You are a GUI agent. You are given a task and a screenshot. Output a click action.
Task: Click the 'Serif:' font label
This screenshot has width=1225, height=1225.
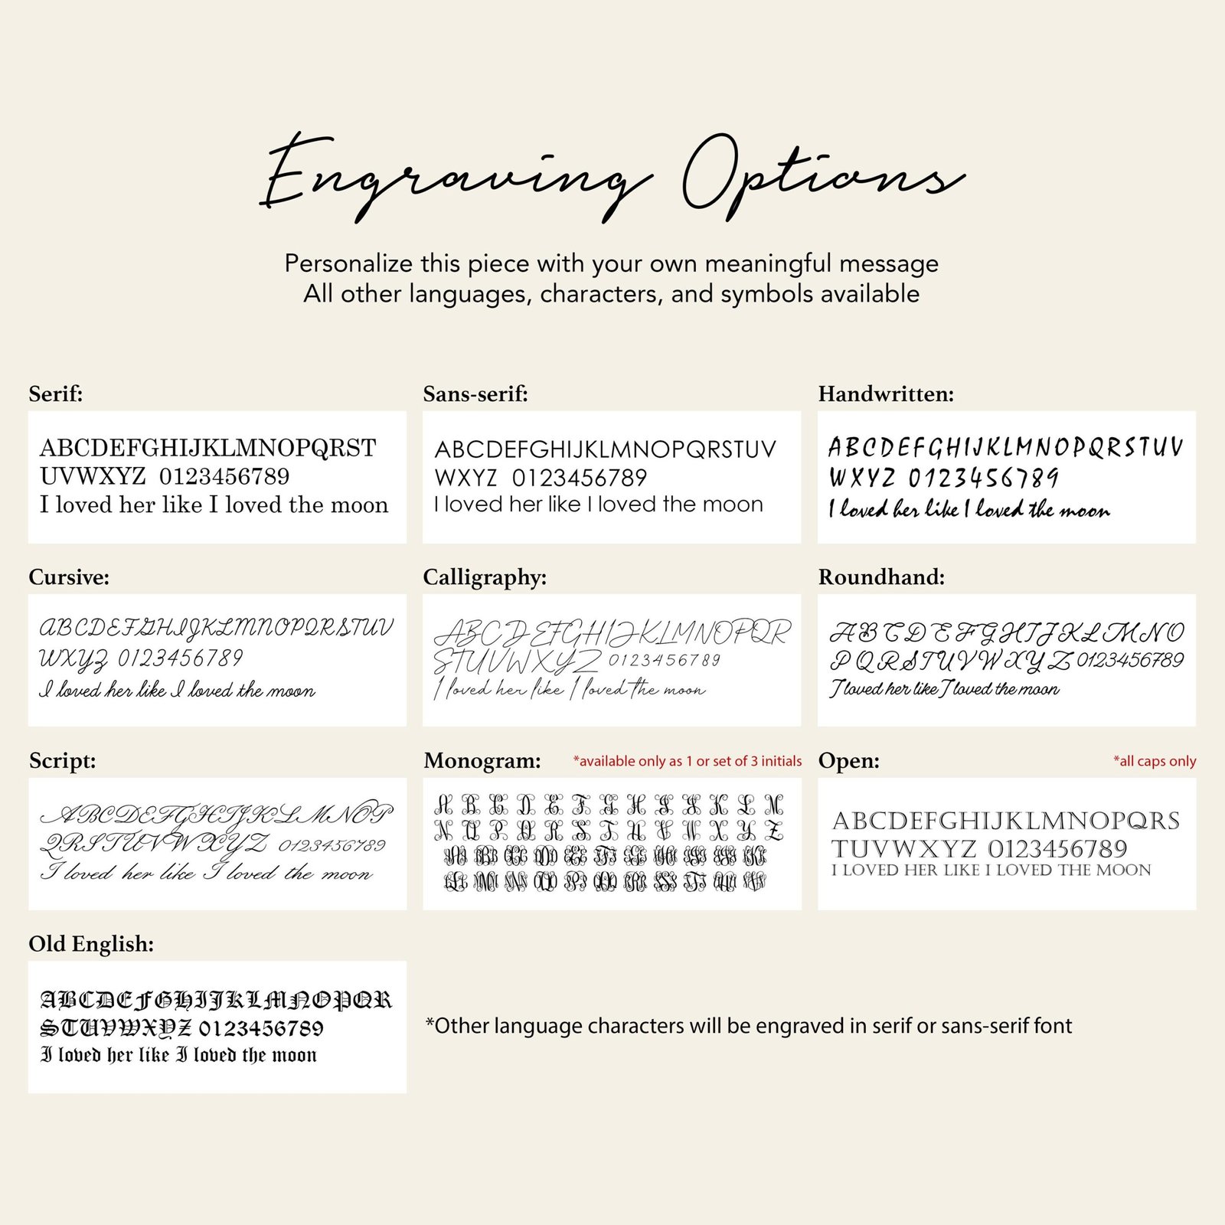pyautogui.click(x=56, y=394)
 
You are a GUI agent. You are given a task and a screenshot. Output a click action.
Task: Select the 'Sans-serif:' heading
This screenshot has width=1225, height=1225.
pyautogui.click(x=475, y=394)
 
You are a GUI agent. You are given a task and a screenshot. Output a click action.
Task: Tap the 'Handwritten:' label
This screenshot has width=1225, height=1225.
pyautogui.click(x=886, y=394)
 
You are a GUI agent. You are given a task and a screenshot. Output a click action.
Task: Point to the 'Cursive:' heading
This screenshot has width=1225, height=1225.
pyautogui.click(x=69, y=577)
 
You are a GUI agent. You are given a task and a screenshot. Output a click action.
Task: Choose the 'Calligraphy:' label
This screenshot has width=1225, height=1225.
pyautogui.click(x=485, y=577)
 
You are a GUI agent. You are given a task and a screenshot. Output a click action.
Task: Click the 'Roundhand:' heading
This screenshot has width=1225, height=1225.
pyautogui.click(x=881, y=577)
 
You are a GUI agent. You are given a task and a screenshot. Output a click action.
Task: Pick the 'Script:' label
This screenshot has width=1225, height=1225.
pyautogui.click(x=63, y=761)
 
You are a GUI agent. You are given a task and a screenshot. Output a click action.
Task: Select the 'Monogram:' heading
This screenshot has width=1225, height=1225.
pyautogui.click(x=482, y=761)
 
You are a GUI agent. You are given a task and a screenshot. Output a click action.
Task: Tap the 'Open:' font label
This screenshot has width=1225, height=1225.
pyautogui.click(x=848, y=761)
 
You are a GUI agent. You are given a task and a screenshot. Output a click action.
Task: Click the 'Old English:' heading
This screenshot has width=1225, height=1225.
pyautogui.click(x=91, y=944)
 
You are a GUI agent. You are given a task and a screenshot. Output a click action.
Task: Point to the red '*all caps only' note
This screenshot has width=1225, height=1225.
pyautogui.click(x=1154, y=761)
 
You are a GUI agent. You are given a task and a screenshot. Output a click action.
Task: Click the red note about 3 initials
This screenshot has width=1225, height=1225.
pyautogui.click(x=687, y=761)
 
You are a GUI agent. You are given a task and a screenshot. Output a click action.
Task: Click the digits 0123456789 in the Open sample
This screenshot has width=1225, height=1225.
pyautogui.click(x=1057, y=849)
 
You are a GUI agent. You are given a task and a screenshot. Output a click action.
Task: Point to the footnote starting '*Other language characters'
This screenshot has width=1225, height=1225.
pyautogui.click(x=749, y=1026)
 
